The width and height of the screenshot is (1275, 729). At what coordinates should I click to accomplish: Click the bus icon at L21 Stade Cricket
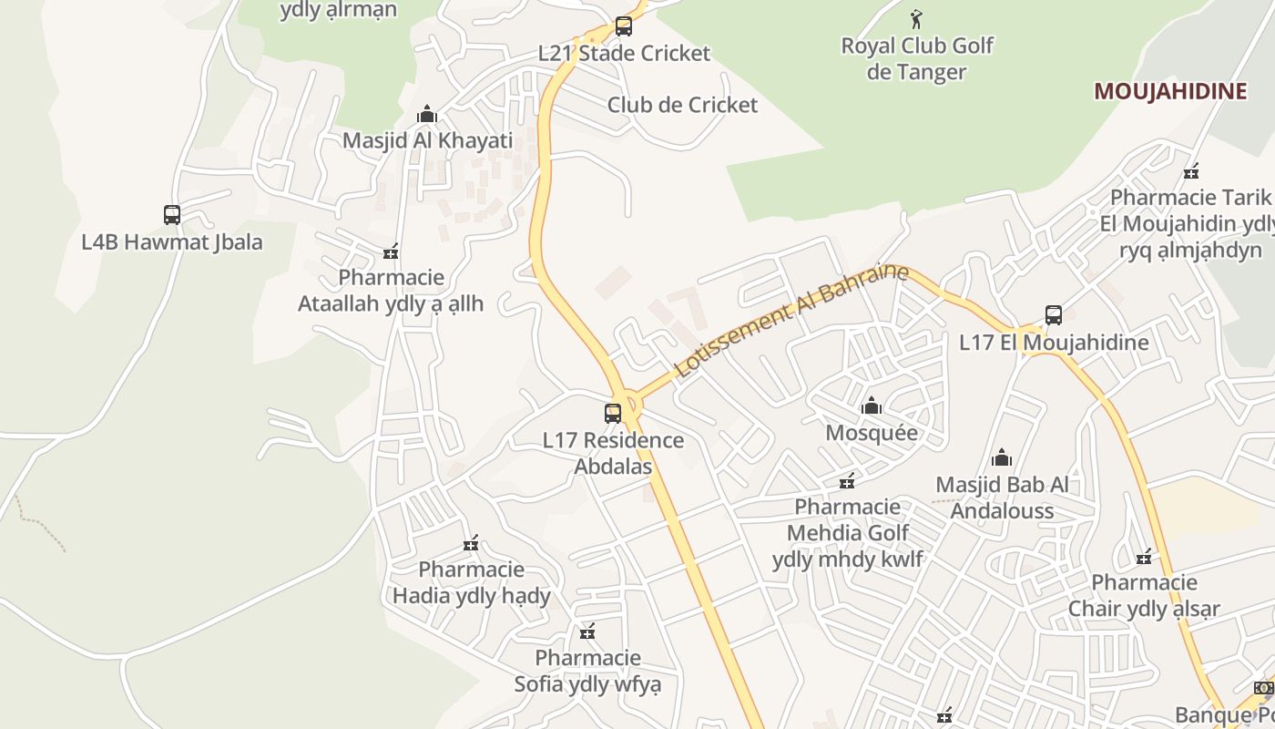click(624, 26)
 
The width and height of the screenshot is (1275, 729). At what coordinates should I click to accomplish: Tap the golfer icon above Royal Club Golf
click(917, 18)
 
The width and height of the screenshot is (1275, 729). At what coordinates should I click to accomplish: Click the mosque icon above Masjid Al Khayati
click(427, 115)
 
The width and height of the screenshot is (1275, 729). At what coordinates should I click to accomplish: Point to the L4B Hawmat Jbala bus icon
click(172, 215)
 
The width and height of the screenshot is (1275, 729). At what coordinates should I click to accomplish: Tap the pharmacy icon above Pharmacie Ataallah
click(392, 252)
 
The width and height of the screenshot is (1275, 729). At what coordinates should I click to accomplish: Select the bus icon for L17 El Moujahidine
click(1054, 315)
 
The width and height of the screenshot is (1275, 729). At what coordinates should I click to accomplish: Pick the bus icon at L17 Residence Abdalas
click(613, 414)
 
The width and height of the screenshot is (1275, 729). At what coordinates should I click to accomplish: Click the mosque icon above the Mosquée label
click(872, 406)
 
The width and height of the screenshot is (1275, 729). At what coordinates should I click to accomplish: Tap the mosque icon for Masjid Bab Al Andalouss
click(1002, 457)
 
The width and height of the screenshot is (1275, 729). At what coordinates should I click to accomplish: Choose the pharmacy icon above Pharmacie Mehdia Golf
click(848, 480)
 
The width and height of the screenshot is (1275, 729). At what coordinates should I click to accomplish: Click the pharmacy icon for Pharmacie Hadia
click(471, 544)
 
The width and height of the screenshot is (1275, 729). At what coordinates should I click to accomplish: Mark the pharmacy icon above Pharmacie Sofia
click(587, 631)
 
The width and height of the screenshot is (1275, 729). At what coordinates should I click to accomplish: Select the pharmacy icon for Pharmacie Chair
click(1145, 556)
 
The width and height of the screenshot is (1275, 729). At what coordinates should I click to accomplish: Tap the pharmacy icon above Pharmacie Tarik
click(1191, 171)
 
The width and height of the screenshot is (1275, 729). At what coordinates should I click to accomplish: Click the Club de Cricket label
click(682, 105)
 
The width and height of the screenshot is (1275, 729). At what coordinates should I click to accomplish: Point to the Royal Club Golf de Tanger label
click(917, 58)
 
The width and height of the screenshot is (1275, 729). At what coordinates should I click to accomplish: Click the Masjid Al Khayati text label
click(427, 140)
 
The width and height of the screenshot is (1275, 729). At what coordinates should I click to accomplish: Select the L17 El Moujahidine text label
click(1054, 343)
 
